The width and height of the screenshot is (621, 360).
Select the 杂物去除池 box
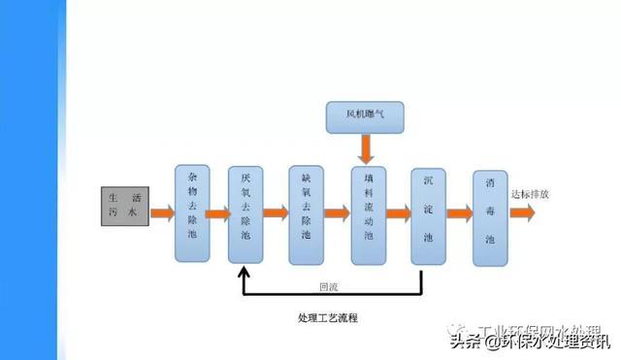[191, 213]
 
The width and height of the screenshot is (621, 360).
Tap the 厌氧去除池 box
[245, 213]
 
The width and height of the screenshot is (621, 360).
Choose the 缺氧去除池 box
[306, 213]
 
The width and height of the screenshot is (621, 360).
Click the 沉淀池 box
[428, 213]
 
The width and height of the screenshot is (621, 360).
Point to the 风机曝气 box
[365, 117]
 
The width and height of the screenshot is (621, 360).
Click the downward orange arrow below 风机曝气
[366, 147]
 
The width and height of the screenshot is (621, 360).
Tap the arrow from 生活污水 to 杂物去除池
[161, 212]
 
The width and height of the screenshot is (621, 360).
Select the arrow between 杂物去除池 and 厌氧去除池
[218, 212]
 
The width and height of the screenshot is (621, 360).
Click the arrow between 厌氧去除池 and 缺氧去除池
[277, 212]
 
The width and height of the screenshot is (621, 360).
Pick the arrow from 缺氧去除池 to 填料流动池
[337, 212]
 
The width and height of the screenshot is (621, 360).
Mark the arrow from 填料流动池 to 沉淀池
[398, 212]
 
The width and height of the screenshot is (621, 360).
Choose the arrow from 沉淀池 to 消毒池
[459, 212]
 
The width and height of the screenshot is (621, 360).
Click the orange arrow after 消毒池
[521, 213]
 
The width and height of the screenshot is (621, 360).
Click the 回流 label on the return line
[329, 286]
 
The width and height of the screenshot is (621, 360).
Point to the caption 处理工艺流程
[334, 318]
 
